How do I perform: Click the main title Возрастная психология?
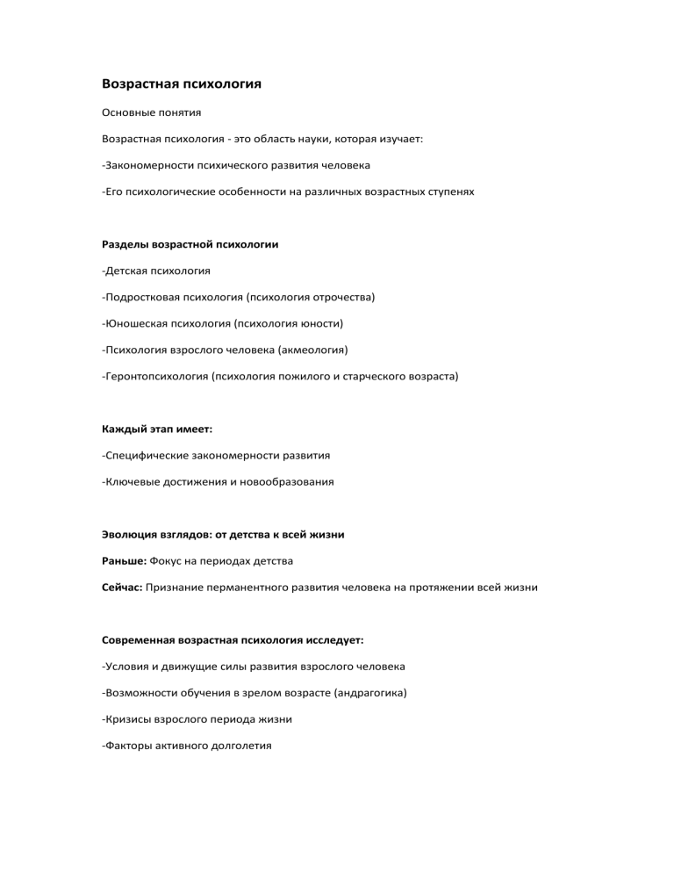(183, 85)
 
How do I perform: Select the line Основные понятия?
(152, 113)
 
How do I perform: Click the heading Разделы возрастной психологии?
(190, 244)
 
